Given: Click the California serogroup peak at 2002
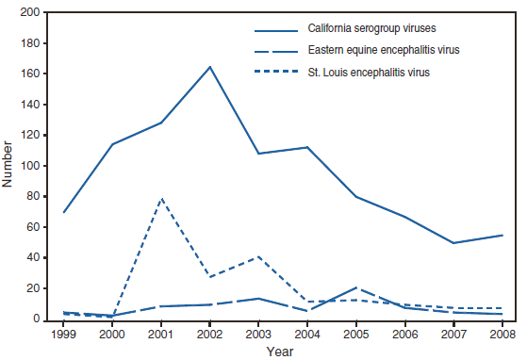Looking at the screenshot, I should click(209, 67).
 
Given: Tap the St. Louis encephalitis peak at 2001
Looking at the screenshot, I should click(161, 199).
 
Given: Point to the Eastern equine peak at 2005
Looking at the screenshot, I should click(355, 287).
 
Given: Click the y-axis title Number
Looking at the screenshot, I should click(8, 165).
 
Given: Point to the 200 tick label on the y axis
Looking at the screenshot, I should click(31, 13).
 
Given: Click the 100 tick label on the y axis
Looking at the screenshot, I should click(31, 166).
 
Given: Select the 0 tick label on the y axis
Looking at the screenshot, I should click(37, 319).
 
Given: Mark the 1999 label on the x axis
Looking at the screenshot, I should click(63, 333).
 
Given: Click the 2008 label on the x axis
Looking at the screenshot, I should click(502, 333).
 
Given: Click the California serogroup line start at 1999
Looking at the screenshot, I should click(63, 212).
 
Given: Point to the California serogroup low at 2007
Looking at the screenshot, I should click(453, 243).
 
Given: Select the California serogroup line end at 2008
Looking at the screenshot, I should click(502, 235).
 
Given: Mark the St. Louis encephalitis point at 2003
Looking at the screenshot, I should click(258, 256).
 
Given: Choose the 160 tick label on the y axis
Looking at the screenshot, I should click(31, 74).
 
